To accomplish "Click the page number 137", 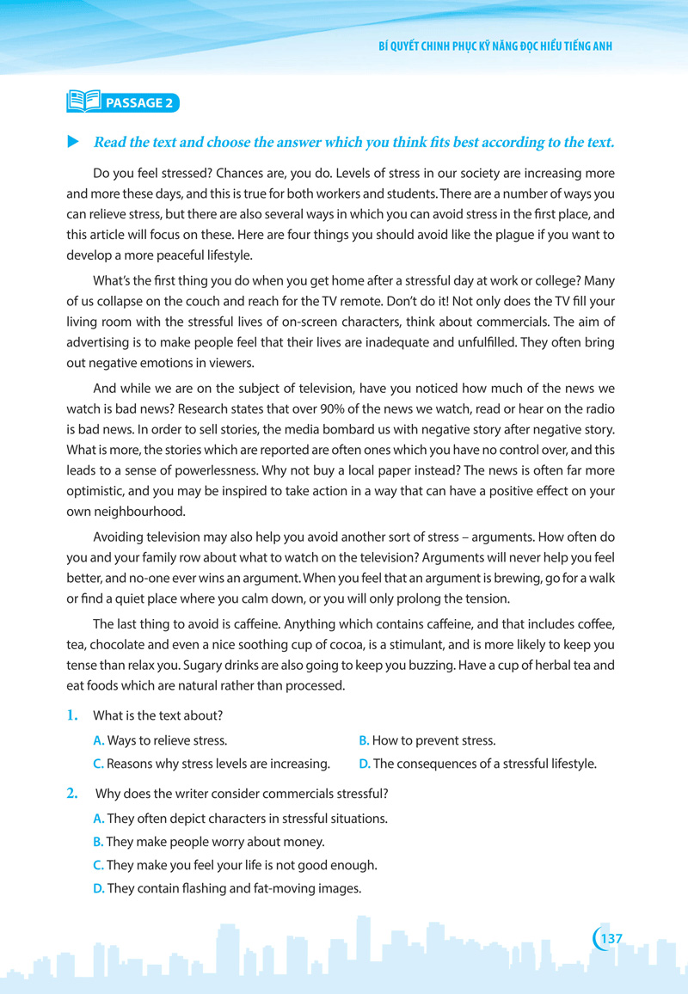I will pyautogui.click(x=611, y=938).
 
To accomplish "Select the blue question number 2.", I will pyautogui.click(x=73, y=793).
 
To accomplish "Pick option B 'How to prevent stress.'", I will pyautogui.click(x=427, y=740).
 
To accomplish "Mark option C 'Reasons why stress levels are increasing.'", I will pyautogui.click(x=212, y=764).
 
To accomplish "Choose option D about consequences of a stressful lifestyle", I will pyautogui.click(x=477, y=764).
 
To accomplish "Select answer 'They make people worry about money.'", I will pyautogui.click(x=208, y=842).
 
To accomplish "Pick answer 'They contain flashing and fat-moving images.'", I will pyautogui.click(x=227, y=888).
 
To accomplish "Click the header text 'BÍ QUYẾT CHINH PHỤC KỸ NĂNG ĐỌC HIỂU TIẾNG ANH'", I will pyautogui.click(x=494, y=46).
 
